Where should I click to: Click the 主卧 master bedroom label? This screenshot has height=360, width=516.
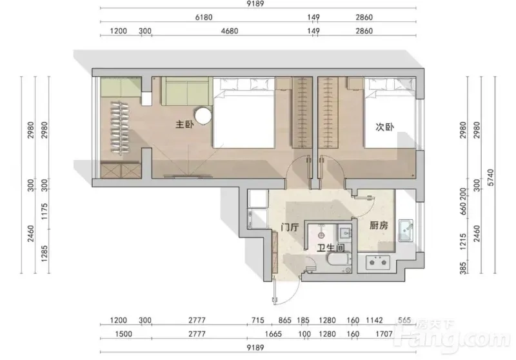click(x=184, y=125)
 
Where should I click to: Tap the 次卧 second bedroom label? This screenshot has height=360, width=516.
click(x=384, y=126)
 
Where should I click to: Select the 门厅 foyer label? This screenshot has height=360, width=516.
click(x=290, y=227)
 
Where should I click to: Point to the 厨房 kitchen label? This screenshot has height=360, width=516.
click(x=379, y=225)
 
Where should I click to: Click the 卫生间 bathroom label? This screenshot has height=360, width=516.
click(x=331, y=248)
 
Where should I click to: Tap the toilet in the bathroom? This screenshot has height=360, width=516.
click(x=339, y=259)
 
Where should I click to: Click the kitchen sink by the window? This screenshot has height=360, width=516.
click(x=406, y=231)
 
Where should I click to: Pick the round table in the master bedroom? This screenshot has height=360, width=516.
click(x=203, y=116)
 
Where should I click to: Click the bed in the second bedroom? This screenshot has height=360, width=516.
click(x=390, y=112)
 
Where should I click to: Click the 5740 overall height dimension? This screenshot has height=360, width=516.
click(x=491, y=177)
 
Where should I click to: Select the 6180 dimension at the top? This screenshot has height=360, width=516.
click(x=204, y=17)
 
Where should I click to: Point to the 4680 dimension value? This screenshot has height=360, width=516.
click(x=230, y=31)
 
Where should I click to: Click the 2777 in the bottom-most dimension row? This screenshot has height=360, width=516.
click(x=197, y=334)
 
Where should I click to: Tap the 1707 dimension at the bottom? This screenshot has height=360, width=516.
click(x=384, y=334)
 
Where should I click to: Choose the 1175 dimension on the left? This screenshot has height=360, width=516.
click(x=45, y=212)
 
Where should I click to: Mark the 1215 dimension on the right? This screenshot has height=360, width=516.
click(x=463, y=241)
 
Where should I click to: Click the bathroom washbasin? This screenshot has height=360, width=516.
click(x=345, y=232)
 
